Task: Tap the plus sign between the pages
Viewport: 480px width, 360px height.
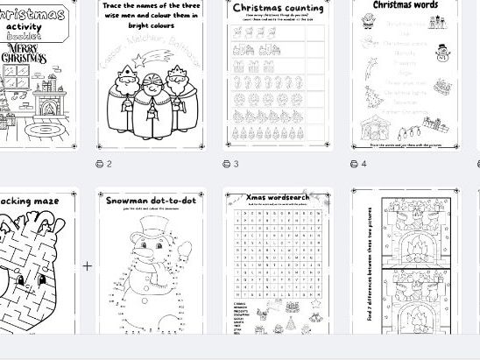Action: (87, 265)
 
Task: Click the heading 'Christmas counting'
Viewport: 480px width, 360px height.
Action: (278, 9)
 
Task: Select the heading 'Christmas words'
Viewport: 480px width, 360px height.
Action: (406, 4)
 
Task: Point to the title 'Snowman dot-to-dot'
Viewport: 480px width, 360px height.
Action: (152, 201)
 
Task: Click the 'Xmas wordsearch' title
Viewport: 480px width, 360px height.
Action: (278, 198)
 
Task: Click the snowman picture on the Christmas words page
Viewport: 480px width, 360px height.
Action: (442, 54)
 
